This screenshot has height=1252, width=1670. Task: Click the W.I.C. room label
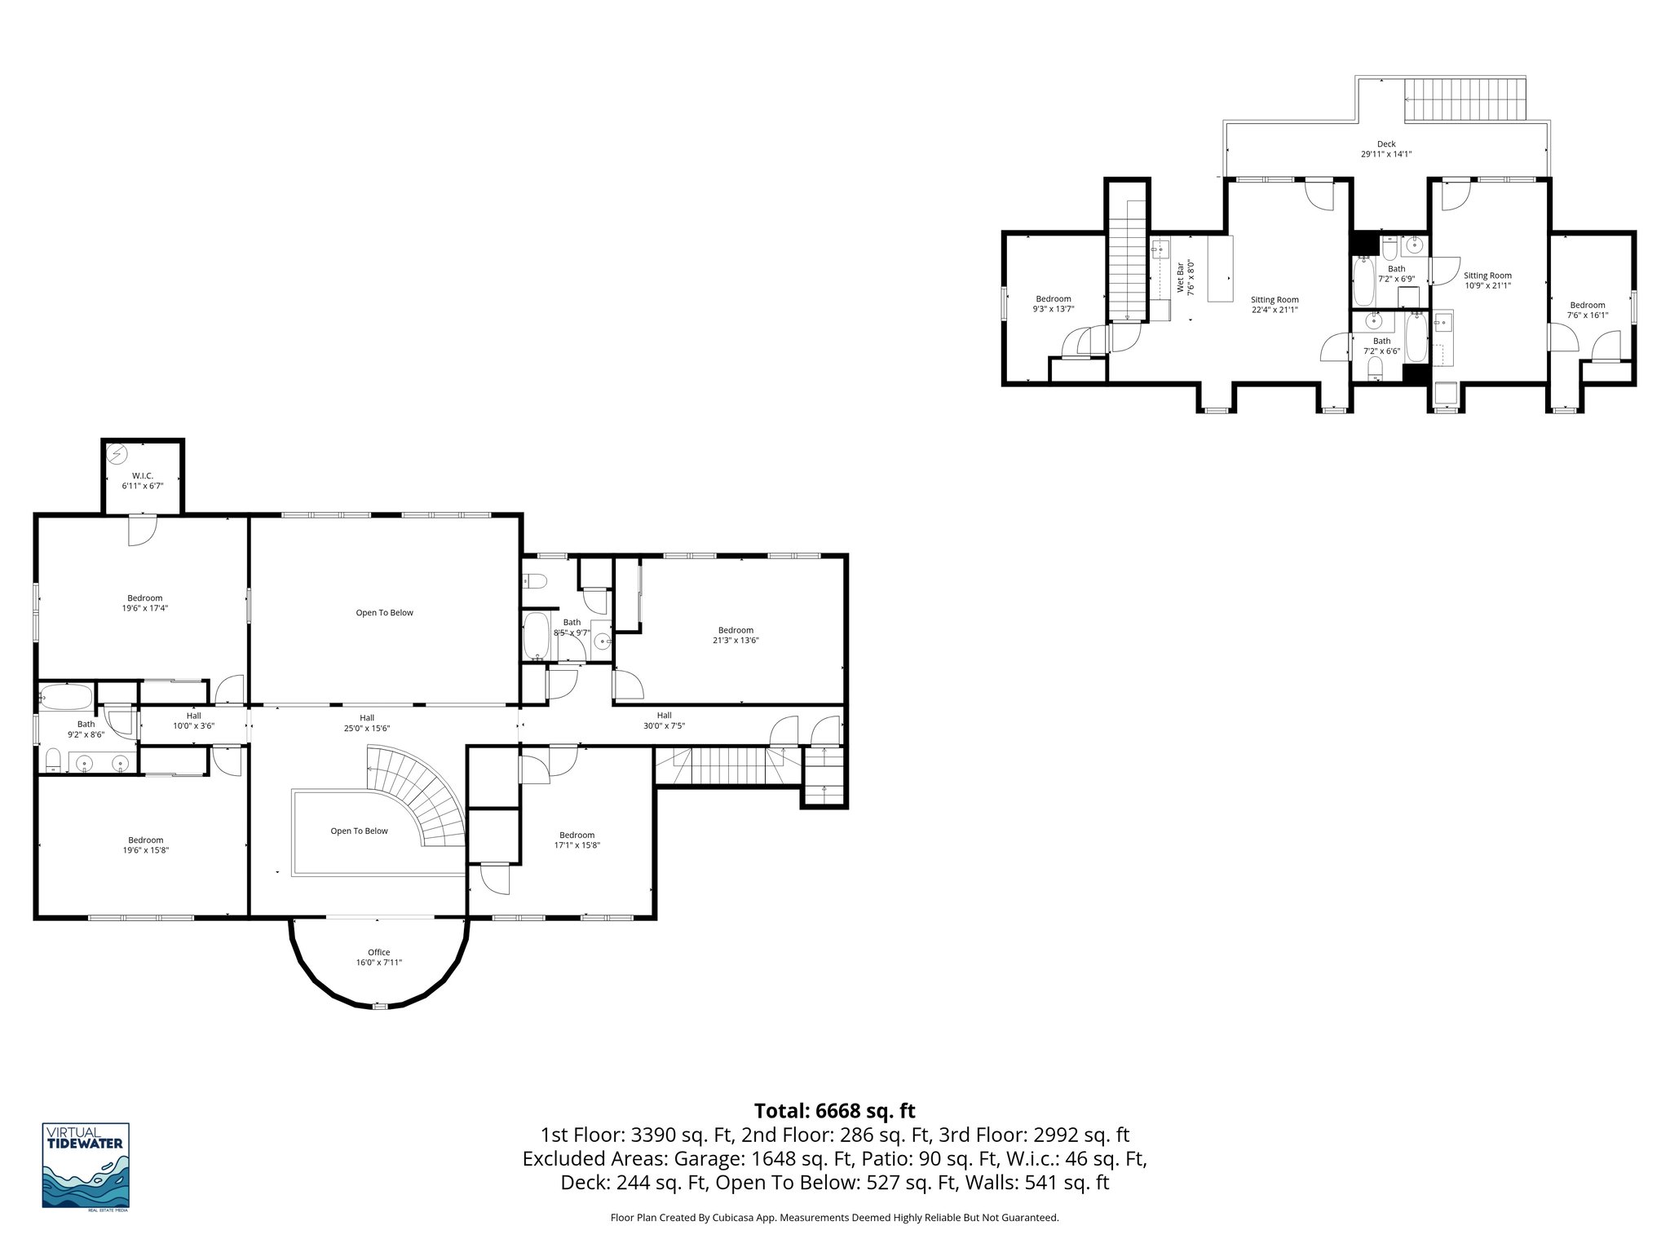[143, 480]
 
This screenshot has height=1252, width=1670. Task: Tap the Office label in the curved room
[378, 957]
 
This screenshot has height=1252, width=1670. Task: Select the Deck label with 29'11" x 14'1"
[1385, 148]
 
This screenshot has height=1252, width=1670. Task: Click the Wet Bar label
[1185, 277]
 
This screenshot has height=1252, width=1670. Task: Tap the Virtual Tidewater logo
[86, 1166]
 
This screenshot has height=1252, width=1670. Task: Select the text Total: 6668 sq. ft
[834, 1111]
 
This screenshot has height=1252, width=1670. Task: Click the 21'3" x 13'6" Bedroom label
[735, 635]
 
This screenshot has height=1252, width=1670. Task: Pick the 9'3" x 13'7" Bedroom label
[1054, 303]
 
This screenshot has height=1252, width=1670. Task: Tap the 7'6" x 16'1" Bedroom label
[1587, 310]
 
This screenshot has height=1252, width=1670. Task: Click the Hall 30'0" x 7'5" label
[664, 720]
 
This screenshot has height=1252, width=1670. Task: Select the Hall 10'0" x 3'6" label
[193, 720]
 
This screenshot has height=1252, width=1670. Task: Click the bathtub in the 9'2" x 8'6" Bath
[66, 698]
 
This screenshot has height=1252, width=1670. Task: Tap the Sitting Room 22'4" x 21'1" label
[1275, 304]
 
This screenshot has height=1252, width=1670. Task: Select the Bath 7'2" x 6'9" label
[1396, 273]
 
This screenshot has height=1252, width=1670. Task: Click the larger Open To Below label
[384, 612]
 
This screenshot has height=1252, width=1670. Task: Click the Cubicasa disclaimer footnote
[834, 1218]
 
